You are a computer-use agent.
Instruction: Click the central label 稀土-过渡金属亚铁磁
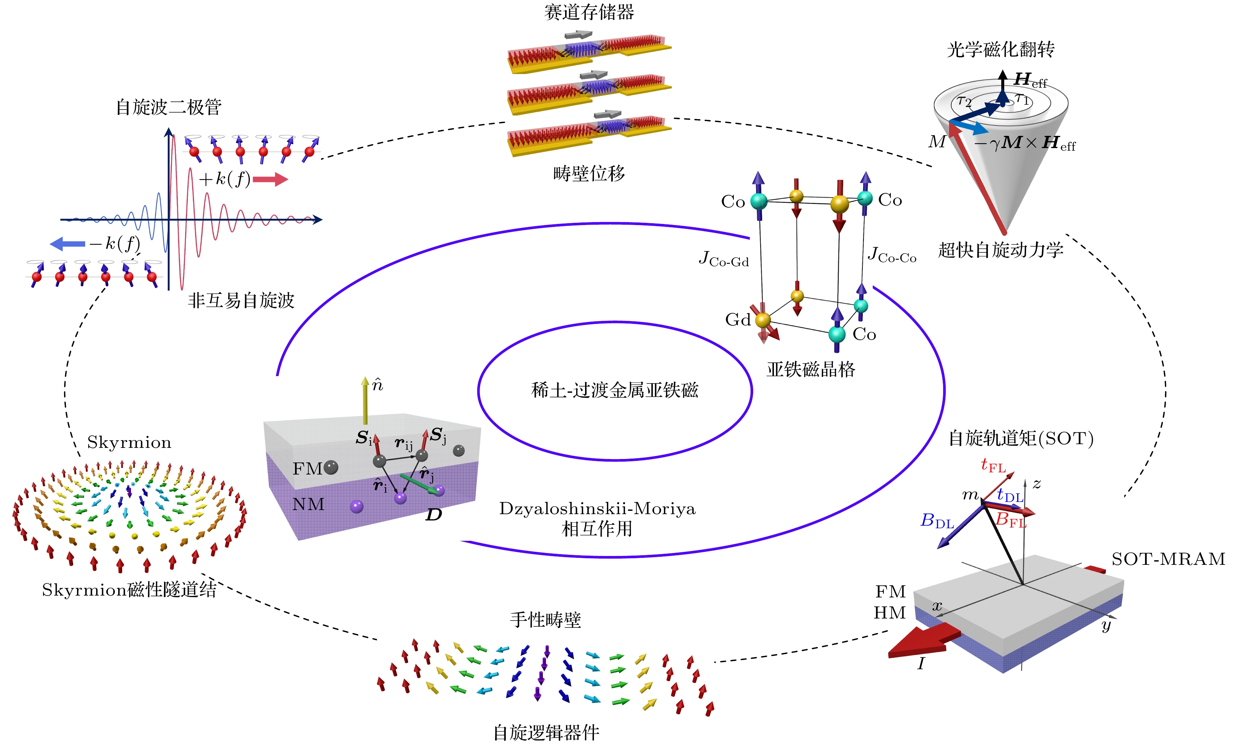pos(614,390)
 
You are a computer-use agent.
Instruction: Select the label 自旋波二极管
pos(168,107)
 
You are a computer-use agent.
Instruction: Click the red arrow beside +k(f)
pos(270,180)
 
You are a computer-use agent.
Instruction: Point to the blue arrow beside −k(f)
pos(67,244)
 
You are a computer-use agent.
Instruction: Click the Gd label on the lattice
pos(737,320)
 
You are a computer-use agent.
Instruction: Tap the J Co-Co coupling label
pos(892,255)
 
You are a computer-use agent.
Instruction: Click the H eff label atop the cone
pos(1030,80)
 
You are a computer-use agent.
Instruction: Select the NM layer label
pos(308,504)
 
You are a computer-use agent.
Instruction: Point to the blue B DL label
pos(937,521)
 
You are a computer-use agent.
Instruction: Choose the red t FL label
pos(993,466)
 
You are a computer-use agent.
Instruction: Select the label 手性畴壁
pos(545,620)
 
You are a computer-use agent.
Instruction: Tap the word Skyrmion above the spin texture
pos(129,442)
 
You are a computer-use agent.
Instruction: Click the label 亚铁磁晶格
pos(811,369)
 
